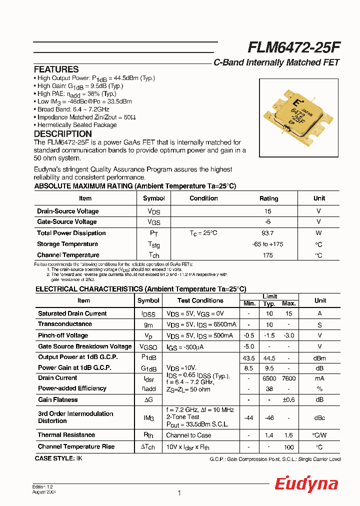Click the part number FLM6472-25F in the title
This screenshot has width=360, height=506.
point(294,47)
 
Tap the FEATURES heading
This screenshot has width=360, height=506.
point(56,69)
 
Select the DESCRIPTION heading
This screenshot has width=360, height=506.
point(62,134)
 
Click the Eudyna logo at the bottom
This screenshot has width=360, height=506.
point(306,484)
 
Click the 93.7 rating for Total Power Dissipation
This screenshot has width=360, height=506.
point(267,233)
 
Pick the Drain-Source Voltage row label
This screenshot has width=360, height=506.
point(67,211)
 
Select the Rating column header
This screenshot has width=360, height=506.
point(268,198)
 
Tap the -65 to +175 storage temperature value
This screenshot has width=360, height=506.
point(267,244)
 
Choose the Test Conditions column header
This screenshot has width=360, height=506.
point(200,300)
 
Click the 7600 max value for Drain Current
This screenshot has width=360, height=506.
point(288,378)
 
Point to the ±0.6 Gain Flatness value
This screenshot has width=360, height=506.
point(288,399)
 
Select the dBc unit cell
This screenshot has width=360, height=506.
point(320,417)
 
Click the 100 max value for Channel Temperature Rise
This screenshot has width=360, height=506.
point(288,446)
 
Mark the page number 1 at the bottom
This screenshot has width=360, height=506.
point(179,493)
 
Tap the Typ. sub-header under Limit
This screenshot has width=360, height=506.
point(269,304)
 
